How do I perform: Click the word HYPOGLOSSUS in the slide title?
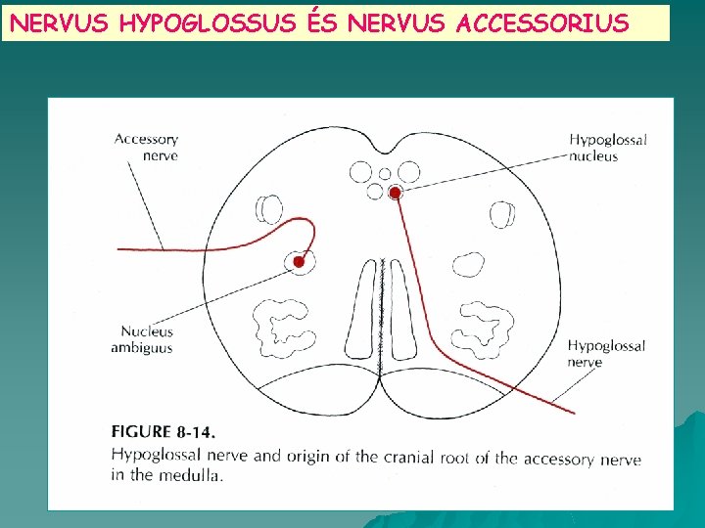point(207,22)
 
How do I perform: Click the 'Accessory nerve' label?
point(147,147)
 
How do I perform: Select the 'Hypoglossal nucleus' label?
point(608,148)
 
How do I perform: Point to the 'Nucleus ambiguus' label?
point(146,339)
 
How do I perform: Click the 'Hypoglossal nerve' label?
point(606,354)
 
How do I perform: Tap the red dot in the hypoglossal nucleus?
point(395,194)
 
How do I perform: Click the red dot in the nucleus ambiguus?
point(300,261)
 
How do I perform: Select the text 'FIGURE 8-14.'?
point(164,431)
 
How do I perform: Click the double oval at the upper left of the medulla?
point(269,209)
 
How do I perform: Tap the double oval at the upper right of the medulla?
point(501,213)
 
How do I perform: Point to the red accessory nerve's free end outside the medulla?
point(120,249)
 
